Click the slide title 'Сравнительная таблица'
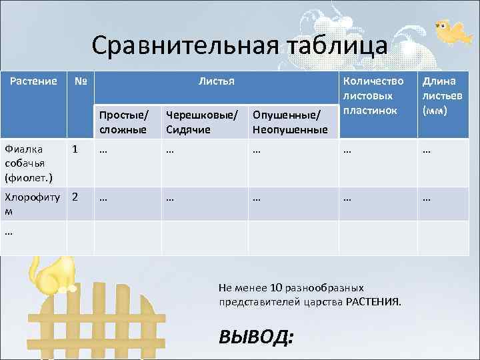pos(239,46)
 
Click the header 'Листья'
pos(216,81)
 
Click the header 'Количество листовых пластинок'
pos(373,95)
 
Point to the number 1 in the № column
pos(75,150)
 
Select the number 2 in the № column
pos(75,197)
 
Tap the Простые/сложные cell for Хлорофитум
pos(103,197)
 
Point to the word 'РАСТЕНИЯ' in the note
pos(373,302)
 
